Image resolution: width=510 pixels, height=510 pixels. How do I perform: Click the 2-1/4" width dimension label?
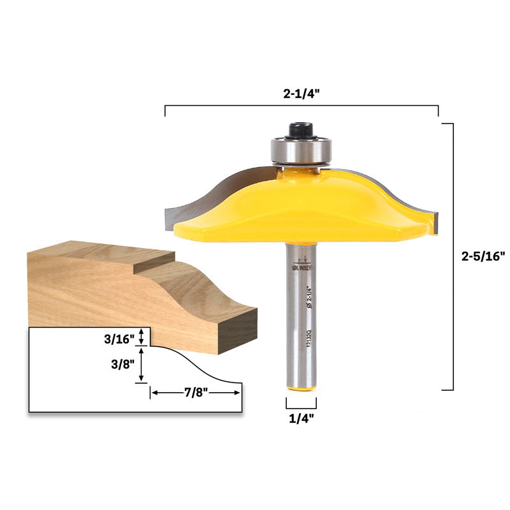[x=302, y=92]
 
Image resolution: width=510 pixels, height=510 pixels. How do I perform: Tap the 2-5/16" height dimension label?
[x=483, y=256]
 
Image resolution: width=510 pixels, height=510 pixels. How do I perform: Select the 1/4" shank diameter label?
[x=301, y=418]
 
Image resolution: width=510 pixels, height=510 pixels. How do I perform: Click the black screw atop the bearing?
[x=300, y=130]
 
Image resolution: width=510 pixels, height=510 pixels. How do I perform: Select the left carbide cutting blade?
[x=191, y=204]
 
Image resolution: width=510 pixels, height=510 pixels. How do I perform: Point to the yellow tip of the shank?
[x=300, y=386]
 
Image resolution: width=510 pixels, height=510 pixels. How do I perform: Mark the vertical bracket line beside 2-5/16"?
[x=453, y=256]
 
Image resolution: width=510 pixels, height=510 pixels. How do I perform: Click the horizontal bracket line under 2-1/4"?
[x=302, y=106]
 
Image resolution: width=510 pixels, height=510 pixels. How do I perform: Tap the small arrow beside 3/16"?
[x=142, y=337]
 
